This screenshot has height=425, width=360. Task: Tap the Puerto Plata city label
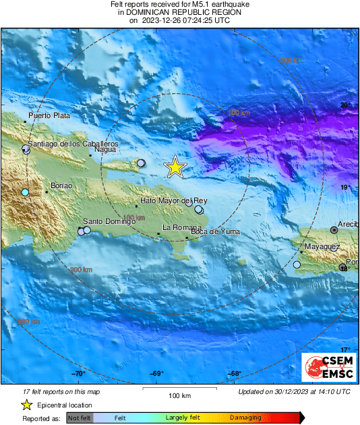pos(49,115)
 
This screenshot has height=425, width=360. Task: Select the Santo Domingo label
pos(107,221)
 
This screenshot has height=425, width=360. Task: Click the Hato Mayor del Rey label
pos(173,201)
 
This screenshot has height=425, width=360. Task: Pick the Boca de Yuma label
pos(215,232)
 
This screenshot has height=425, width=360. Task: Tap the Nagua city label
pos(104,150)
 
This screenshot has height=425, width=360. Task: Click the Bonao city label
pos(61,186)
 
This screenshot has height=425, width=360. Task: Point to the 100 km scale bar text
pos(179,395)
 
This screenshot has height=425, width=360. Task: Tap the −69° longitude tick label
pos(156,374)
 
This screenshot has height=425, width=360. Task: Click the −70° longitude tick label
pos(79,374)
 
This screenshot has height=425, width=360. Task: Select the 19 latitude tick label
pos(344,188)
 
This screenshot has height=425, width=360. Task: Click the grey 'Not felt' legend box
pos(79,418)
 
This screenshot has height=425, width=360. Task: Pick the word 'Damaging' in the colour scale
pos(245,418)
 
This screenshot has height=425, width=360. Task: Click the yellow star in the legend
pos(26,405)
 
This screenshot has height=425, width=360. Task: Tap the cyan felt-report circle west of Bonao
pos(25,193)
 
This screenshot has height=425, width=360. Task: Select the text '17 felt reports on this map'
pos(62,391)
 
